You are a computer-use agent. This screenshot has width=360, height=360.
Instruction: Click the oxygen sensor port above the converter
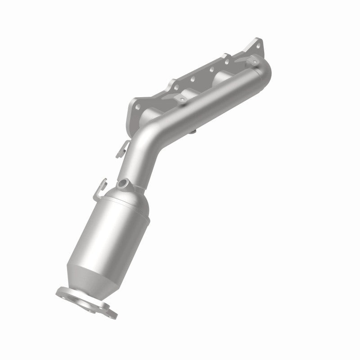pyautogui.click(x=124, y=183)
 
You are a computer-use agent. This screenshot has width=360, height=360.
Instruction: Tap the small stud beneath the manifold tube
pyautogui.click(x=193, y=131)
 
